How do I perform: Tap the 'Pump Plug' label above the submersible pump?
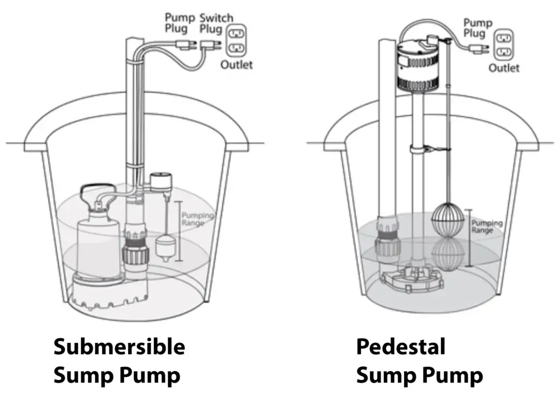tap(180, 23)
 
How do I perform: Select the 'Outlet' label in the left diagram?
tap(236, 65)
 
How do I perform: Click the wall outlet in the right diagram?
tap(504, 45)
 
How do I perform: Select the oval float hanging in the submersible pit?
tap(164, 244)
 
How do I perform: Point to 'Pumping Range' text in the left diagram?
tap(197, 220)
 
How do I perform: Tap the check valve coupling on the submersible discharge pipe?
tap(134, 248)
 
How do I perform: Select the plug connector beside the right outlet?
tap(479, 50)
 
